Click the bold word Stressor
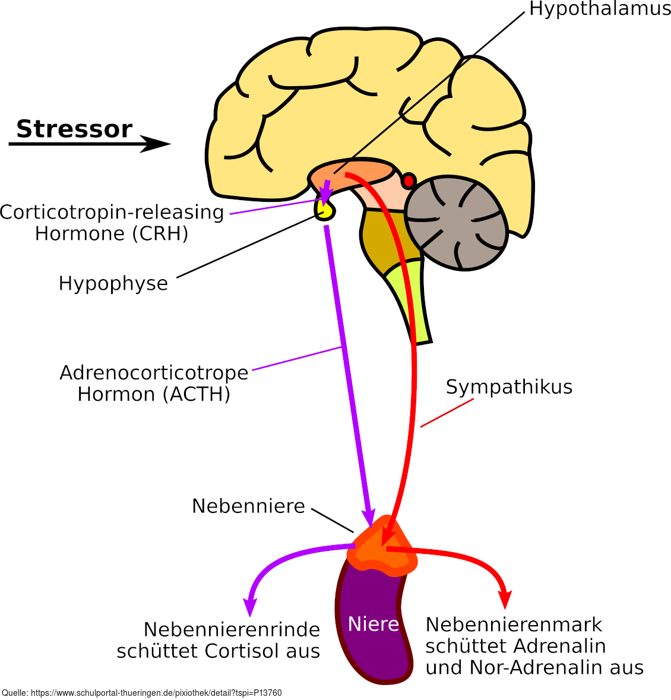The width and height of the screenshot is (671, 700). click(x=74, y=129)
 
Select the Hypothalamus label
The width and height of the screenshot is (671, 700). click(x=600, y=9)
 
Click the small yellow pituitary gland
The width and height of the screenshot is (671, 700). click(x=324, y=210)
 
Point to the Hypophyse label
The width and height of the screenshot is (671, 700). click(x=113, y=283)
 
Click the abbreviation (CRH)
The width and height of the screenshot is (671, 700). click(x=160, y=233)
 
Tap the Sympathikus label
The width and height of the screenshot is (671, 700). click(x=509, y=387)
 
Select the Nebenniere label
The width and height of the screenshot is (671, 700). click(x=248, y=506)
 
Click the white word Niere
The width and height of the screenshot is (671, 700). click(x=373, y=624)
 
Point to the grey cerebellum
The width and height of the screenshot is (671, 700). click(x=456, y=222)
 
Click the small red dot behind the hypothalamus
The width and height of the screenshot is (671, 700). click(x=409, y=180)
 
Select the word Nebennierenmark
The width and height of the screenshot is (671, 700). click(x=514, y=625)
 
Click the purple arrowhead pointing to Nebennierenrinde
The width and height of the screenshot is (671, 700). click(x=251, y=607)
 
